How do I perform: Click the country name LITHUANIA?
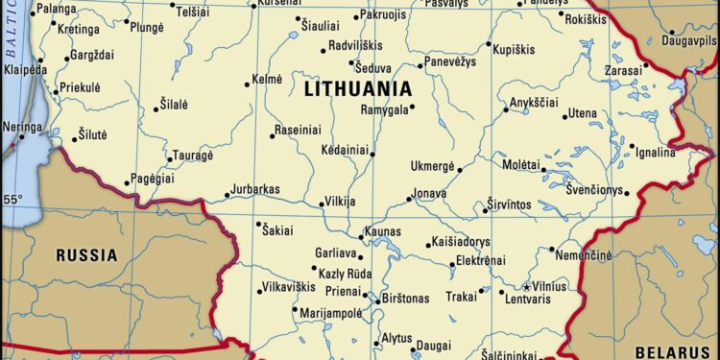358,89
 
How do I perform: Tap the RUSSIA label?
86,255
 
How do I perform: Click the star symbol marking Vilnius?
525,286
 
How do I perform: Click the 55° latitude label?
12,200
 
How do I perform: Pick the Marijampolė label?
331,312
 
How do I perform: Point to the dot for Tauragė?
166,156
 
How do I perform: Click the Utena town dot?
562,114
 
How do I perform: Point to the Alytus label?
396,338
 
